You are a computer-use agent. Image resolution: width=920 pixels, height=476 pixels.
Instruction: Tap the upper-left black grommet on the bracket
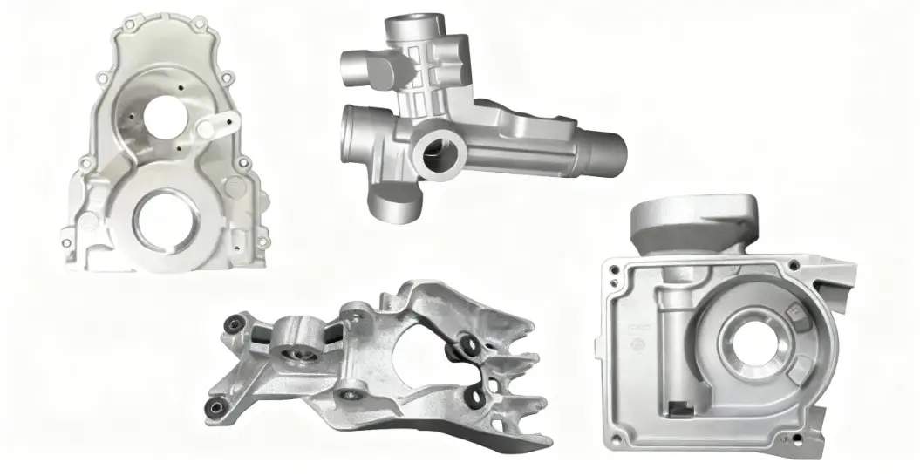coord(231,324)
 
